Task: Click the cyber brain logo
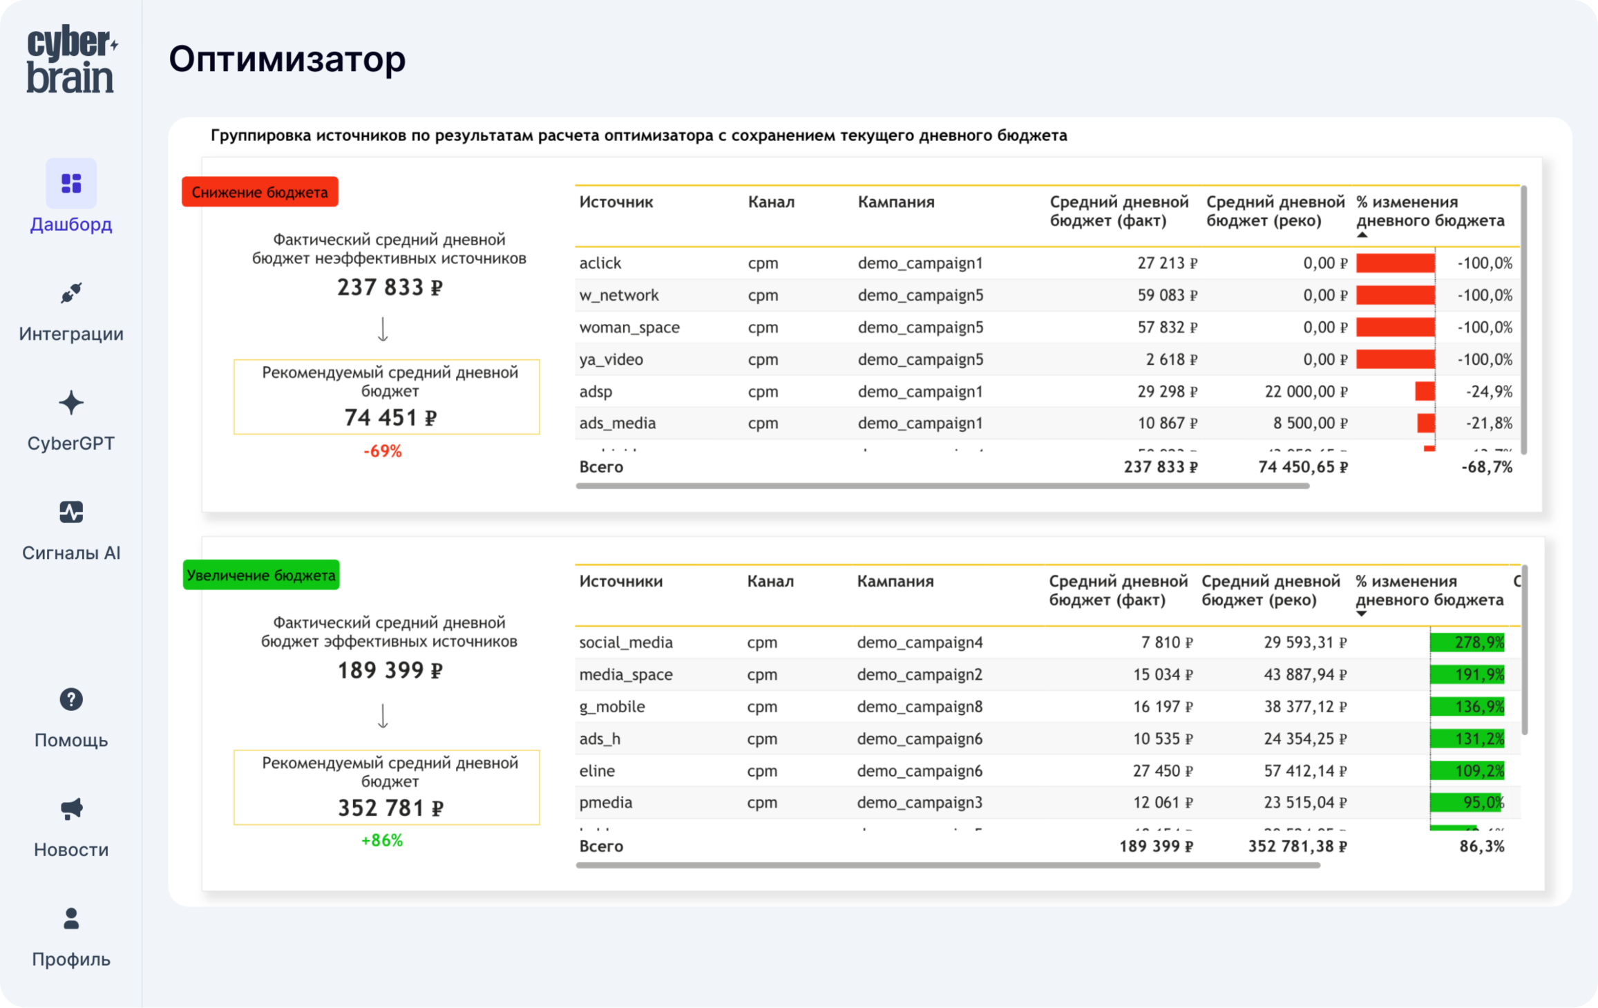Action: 71,59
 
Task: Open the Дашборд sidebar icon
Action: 71,183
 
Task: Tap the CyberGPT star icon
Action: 71,403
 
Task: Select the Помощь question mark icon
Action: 71,700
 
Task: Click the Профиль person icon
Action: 71,919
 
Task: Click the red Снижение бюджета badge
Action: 260,192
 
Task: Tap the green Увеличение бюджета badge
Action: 260,575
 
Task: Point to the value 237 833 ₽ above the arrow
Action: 390,287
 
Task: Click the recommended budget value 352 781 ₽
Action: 390,808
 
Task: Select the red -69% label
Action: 382,451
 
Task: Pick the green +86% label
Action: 381,841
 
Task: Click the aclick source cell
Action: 600,263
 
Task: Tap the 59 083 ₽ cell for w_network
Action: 1167,295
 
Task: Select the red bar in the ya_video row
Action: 1395,359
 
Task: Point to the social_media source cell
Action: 625,643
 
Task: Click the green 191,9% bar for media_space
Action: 1467,674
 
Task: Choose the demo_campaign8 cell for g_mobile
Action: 920,707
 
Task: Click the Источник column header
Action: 616,202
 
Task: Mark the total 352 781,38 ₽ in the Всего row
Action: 1297,846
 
